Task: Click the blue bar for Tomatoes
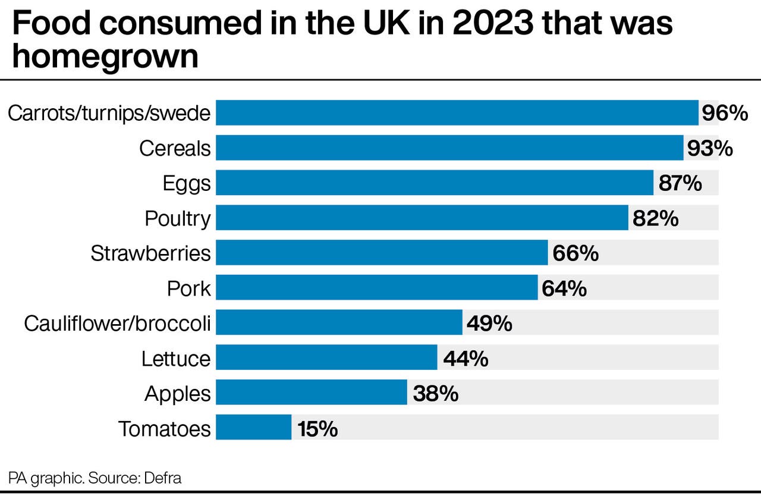253,428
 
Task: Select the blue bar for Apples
311,393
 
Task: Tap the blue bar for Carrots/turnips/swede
457,112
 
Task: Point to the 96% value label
724,113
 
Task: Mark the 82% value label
656,218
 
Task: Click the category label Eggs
187,184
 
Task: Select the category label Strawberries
150,253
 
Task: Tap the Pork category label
189,288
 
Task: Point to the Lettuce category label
176,359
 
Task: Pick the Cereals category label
175,148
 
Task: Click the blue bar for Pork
376,288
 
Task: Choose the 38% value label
435,393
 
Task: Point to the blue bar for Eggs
434,183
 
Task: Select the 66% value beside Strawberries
575,253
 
